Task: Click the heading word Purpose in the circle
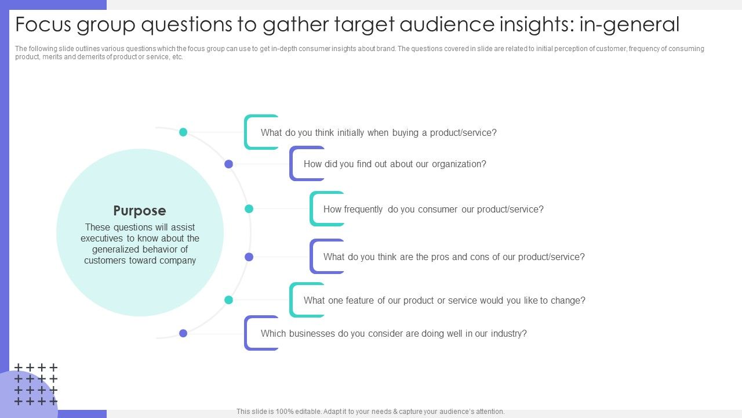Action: tap(140, 211)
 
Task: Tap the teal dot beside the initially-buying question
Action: tap(183, 132)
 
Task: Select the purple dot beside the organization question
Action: tap(228, 164)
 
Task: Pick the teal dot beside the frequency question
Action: tap(249, 208)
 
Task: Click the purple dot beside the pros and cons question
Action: tap(249, 257)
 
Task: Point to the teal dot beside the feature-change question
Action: tap(228, 300)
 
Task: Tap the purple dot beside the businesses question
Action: tap(183, 333)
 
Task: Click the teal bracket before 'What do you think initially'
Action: tap(246, 132)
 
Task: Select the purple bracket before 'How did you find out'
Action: tap(291, 164)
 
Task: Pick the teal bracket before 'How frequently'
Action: tap(311, 208)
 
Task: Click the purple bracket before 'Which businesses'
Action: tap(246, 333)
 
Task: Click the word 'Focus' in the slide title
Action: tap(43, 24)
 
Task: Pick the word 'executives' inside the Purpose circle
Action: tap(101, 238)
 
